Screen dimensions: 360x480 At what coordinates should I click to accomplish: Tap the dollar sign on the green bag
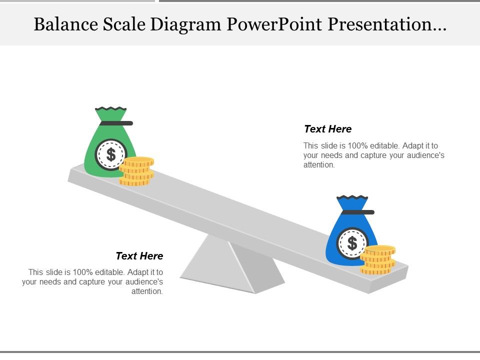pyautogui.click(x=111, y=155)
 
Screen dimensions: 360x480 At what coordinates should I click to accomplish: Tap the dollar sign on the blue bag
pyautogui.click(x=352, y=243)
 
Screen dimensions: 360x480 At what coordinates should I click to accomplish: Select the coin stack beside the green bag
pyautogui.click(x=137, y=171)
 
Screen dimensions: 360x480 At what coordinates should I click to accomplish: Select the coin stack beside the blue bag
pyautogui.click(x=378, y=260)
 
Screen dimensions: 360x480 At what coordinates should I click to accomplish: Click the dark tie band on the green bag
pyautogui.click(x=116, y=123)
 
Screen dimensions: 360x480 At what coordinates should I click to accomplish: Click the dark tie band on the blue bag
pyautogui.click(x=357, y=212)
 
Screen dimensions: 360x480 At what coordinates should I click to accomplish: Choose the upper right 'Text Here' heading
pyautogui.click(x=327, y=129)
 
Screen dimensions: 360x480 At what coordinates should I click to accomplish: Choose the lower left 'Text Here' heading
pyautogui.click(x=139, y=256)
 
